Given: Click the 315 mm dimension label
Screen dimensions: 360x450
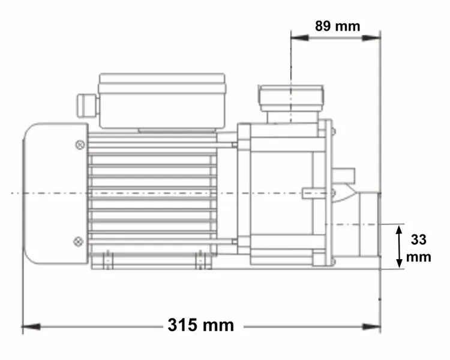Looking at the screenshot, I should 201,325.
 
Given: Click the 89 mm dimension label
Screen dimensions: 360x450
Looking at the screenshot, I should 337,26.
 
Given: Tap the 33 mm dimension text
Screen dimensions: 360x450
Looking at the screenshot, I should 419,248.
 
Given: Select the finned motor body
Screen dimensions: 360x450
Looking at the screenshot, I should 152,192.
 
